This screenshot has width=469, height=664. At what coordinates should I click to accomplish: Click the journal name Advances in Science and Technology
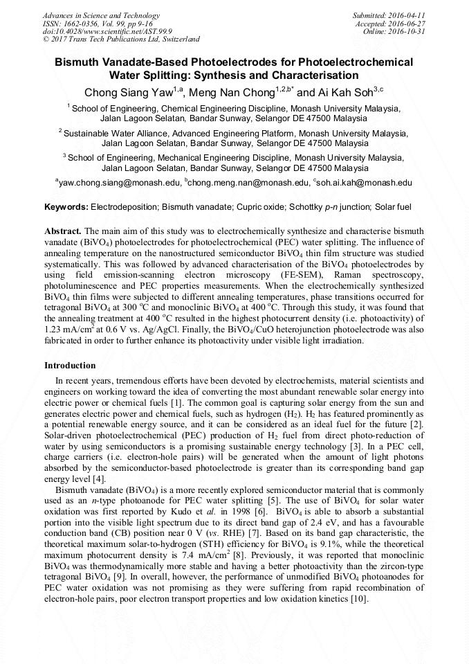101,15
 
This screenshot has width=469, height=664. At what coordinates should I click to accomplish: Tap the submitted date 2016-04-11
408,15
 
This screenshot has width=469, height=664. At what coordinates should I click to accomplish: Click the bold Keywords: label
66,207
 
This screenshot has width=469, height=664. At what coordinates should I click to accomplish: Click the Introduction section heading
70,365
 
